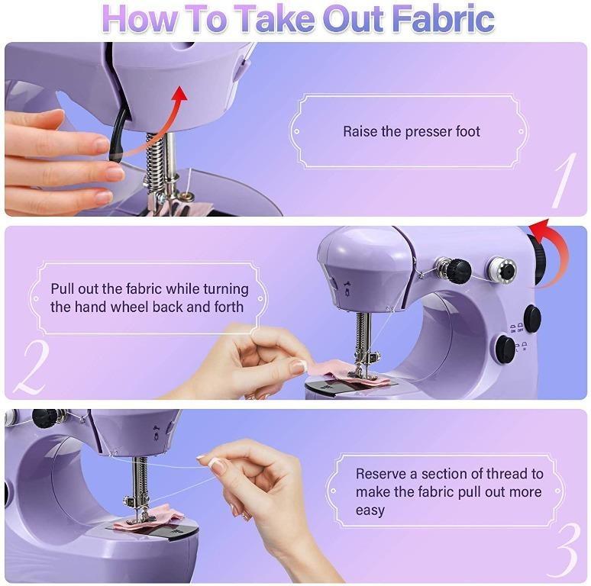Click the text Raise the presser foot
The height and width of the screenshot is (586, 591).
click(411, 131)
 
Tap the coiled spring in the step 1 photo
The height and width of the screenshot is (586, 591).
click(155, 164)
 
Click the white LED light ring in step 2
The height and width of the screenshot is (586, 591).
click(502, 269)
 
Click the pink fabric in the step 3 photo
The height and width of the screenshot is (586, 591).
click(149, 520)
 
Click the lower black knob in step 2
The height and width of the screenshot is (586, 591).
click(505, 349)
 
